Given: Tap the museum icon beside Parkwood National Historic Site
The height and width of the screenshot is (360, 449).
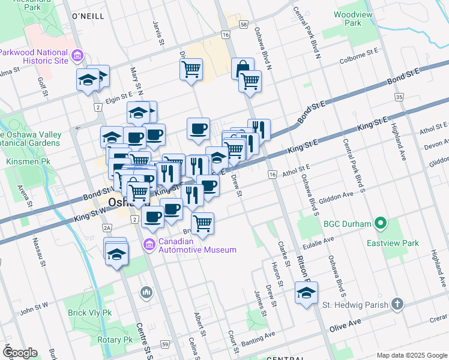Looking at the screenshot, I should pos(77,57).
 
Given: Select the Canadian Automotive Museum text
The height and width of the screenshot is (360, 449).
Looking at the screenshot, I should pos(197,246).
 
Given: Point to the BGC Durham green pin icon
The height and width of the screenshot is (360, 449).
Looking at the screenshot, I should pos(380,224).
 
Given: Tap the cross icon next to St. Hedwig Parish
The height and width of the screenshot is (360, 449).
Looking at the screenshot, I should pos(397,304).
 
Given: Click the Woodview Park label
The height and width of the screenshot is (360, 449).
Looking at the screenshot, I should pos(348,18).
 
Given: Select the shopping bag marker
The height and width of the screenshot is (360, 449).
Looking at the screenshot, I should pos(243,67).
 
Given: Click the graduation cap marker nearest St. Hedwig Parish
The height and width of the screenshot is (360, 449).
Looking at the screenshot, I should pos(306,294).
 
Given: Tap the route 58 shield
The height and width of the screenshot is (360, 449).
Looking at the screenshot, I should pos(243,24).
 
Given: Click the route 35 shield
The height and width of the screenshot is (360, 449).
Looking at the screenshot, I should pos(399,97).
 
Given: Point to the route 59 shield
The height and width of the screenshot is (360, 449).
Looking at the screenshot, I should pos(164,344).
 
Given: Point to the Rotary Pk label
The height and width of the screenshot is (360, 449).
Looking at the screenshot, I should pos(119,340).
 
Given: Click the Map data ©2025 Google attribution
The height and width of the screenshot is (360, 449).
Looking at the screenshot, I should pos(412,355).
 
